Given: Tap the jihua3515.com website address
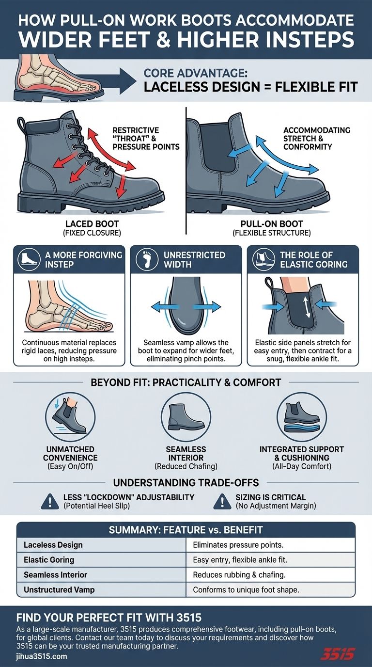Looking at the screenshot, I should tap(42, 656).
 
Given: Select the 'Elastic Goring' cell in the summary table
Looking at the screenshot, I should tap(49, 559).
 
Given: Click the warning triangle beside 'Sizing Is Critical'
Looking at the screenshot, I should tap(222, 501).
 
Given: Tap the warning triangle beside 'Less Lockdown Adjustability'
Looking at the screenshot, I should tap(49, 501).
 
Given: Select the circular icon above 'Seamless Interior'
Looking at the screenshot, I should tap(186, 416).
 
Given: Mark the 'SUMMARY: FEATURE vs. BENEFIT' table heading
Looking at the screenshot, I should tap(186, 530).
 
